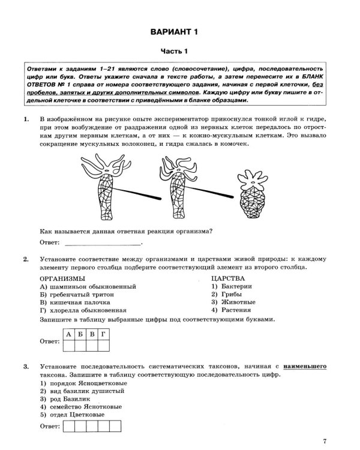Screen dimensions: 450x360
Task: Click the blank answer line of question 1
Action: (102, 243)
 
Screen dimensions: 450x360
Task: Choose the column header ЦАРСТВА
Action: (228, 279)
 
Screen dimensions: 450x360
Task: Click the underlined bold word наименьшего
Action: (305, 365)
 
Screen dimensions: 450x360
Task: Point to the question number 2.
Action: (25, 259)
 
